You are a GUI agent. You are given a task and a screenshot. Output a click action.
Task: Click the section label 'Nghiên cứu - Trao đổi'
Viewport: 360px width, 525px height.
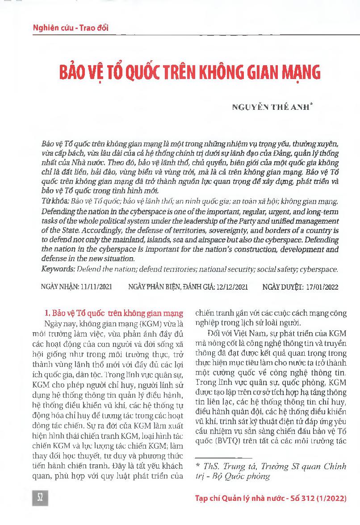click(71, 28)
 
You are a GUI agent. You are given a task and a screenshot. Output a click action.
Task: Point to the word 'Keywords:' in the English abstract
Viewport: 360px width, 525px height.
click(57, 269)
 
